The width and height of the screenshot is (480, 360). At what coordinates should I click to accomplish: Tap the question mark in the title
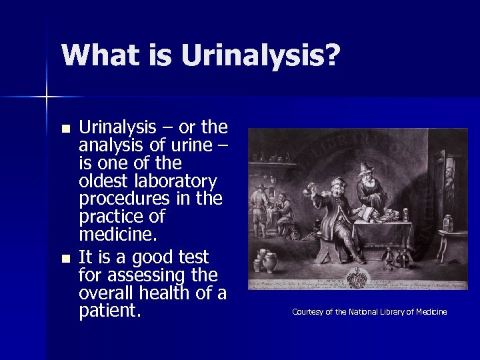point(331,55)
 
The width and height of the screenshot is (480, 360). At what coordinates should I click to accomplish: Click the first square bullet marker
point(64,129)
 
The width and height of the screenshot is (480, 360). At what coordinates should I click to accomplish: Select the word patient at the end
point(109,311)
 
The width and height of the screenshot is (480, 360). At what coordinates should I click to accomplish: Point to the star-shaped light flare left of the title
point(47,97)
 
